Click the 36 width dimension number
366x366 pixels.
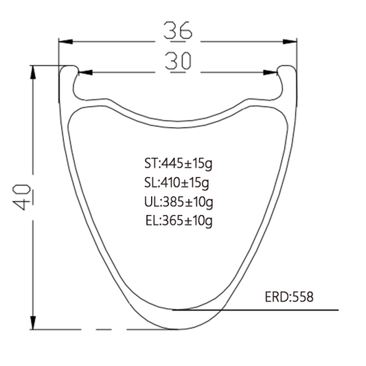[x=178, y=30]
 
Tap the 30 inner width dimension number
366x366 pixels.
[x=178, y=61]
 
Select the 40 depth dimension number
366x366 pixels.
[x=22, y=198]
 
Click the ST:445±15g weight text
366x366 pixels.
[x=179, y=163]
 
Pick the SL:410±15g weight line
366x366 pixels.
[x=176, y=183]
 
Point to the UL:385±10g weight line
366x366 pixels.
[x=179, y=202]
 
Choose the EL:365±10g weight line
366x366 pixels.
[x=179, y=221]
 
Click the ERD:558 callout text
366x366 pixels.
[x=289, y=297]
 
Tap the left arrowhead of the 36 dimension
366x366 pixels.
[x=66, y=42]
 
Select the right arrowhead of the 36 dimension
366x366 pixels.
[x=290, y=42]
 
